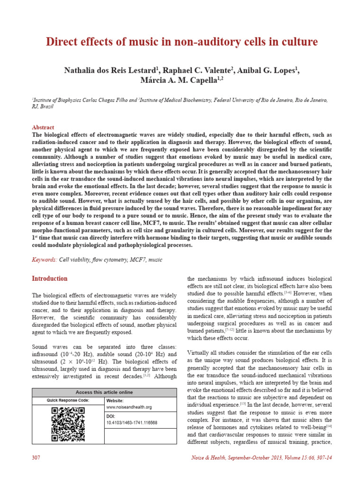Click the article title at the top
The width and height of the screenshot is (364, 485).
(182, 42)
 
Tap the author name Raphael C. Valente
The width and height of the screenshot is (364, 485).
(197, 70)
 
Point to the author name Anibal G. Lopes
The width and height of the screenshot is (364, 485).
(268, 70)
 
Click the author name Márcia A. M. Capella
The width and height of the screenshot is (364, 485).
(178, 81)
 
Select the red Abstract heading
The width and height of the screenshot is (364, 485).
(43, 127)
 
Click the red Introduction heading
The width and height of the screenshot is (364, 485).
(49, 278)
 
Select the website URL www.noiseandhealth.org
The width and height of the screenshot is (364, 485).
(128, 407)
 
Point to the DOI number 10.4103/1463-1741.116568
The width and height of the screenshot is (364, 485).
(131, 422)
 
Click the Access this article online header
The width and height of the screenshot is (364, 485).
(104, 392)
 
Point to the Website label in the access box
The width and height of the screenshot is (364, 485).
(114, 400)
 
